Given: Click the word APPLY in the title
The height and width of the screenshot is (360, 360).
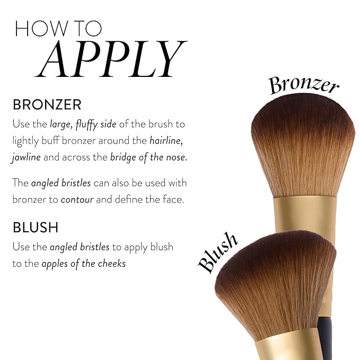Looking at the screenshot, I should click(x=113, y=58).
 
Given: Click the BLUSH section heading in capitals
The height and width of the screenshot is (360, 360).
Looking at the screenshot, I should click(x=36, y=227).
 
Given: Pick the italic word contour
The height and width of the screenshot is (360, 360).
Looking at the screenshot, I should click(x=77, y=200).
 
